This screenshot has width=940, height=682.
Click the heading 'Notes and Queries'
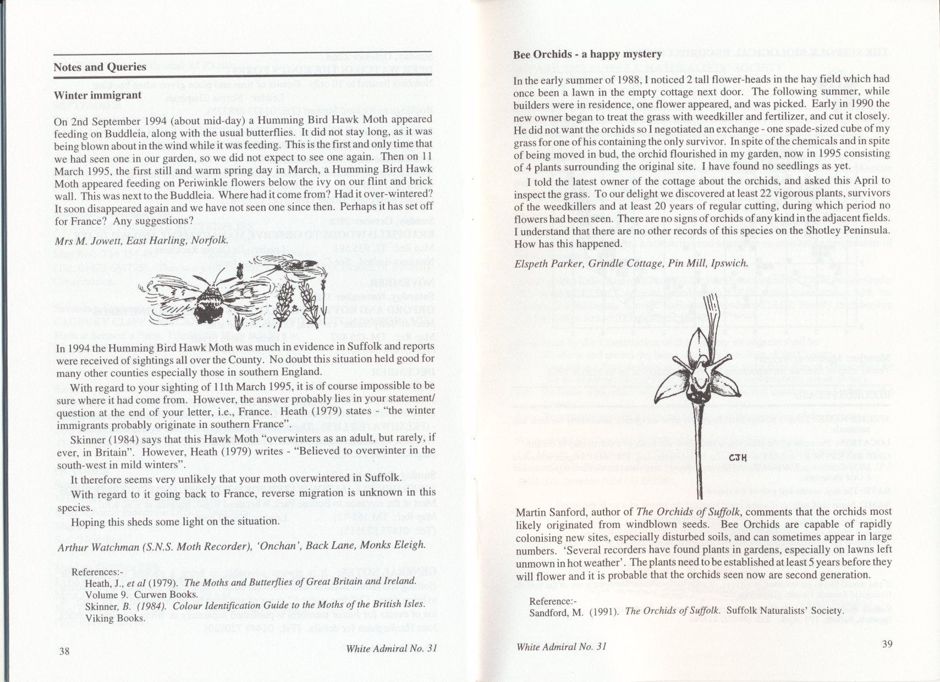point(100,67)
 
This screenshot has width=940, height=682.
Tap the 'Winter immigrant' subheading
point(97,95)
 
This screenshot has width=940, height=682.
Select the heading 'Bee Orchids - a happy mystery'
point(587,54)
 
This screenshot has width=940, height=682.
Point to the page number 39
point(887,645)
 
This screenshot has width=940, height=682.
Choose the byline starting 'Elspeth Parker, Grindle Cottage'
point(631,263)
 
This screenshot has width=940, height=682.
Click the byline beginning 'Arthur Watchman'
point(241,544)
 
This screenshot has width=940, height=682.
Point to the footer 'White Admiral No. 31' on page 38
point(391,648)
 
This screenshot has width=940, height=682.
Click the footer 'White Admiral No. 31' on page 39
point(561,646)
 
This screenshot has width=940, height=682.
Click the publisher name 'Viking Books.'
point(115,618)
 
